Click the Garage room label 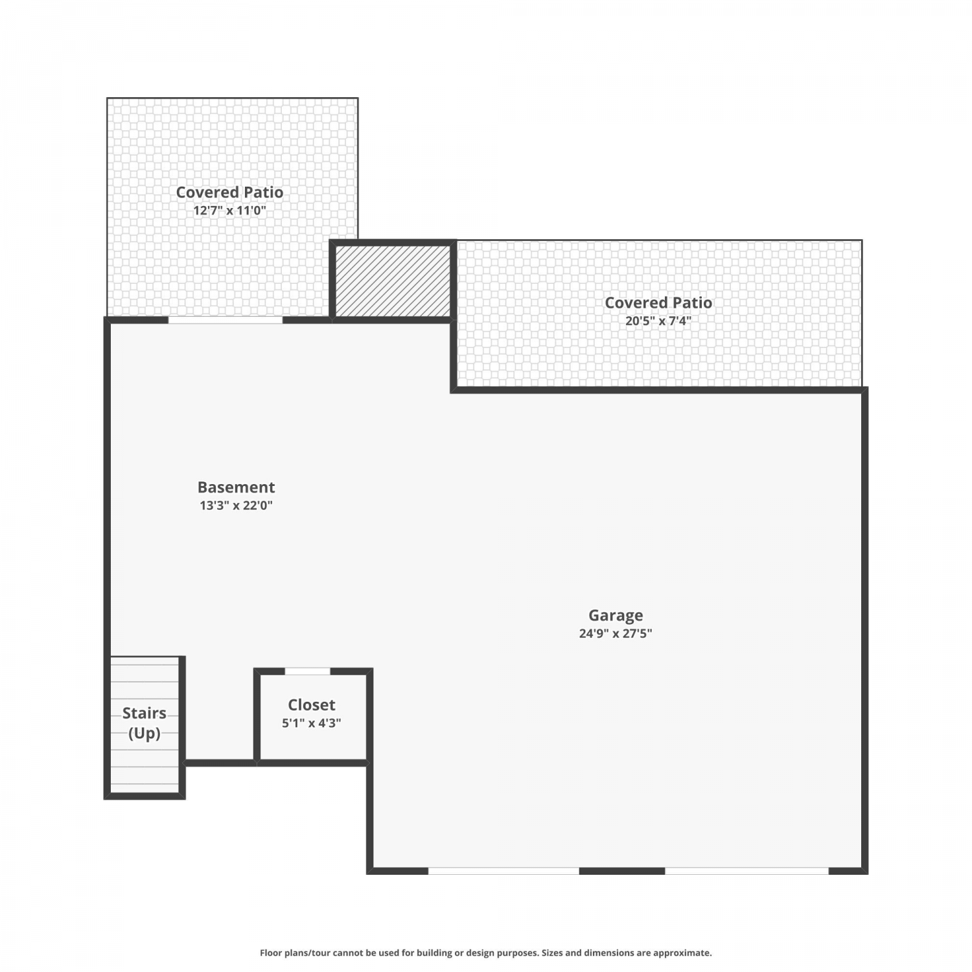tap(616, 616)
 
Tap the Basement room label tap(236, 487)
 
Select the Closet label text tap(312, 705)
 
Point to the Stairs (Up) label tap(145, 723)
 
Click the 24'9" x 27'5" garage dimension tap(616, 634)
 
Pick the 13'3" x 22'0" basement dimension tap(236, 505)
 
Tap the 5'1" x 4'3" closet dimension tap(312, 723)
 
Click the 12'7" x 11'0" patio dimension tap(229, 211)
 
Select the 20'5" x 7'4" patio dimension tap(658, 321)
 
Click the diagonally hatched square tap(393, 281)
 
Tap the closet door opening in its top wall tap(308, 671)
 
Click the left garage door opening tap(503, 871)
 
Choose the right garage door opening tap(747, 871)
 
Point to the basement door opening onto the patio tap(226, 320)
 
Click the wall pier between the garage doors tap(622, 871)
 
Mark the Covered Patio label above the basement tap(229, 192)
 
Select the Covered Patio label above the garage tap(658, 303)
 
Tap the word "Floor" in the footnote tap(270, 953)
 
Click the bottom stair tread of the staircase tap(145, 787)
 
